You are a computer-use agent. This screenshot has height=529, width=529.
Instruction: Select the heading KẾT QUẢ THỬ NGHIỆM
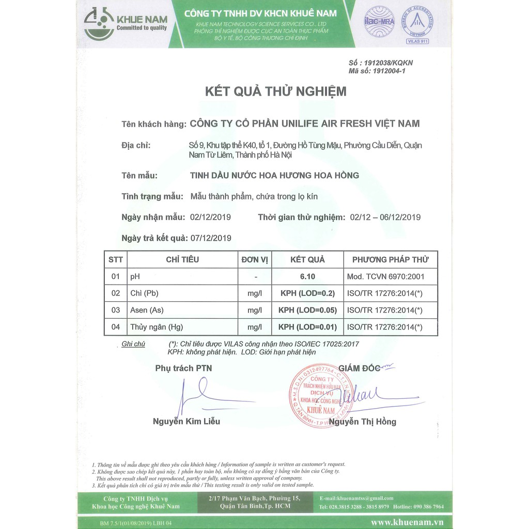tap(275, 92)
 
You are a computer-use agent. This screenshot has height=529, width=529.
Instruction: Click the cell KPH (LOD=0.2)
tap(307, 293)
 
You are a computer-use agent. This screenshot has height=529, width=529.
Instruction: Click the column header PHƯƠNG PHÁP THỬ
tap(390, 259)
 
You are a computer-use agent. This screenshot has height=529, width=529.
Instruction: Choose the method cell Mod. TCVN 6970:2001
tap(385, 277)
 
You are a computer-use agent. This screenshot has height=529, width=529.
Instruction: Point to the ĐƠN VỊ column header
tap(255, 259)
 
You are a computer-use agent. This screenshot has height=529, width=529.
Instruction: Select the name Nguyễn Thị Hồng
tap(363, 422)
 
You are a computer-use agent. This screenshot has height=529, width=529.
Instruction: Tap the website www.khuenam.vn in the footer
tap(407, 522)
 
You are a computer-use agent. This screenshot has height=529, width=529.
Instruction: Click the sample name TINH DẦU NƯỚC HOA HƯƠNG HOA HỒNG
tap(274, 175)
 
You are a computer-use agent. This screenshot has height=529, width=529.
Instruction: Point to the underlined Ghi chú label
tap(133, 344)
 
